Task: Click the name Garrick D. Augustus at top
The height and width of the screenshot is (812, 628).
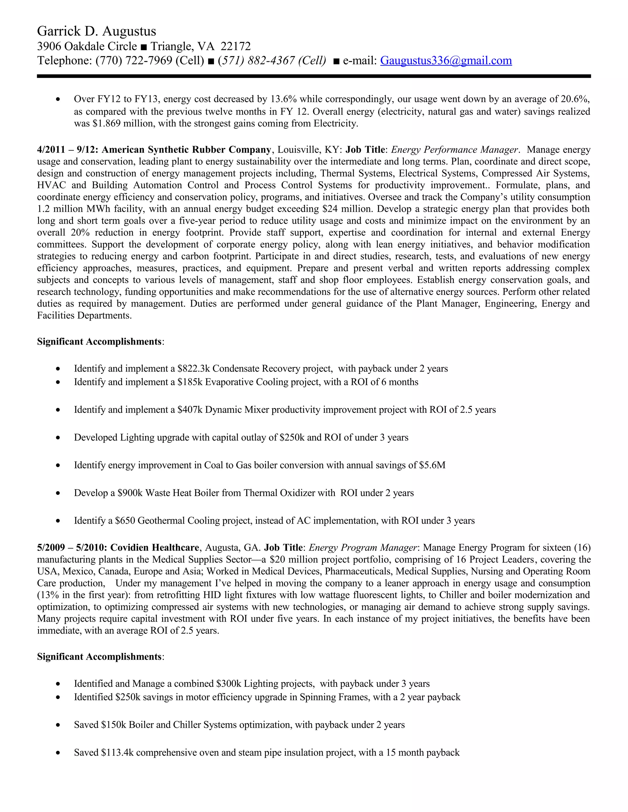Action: pyautogui.click(x=96, y=31)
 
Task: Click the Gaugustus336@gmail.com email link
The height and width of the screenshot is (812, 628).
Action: pyautogui.click(x=446, y=61)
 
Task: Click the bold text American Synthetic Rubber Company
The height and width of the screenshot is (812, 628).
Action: pyautogui.click(x=186, y=150)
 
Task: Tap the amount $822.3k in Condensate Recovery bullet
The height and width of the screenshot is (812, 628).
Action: pyautogui.click(x=193, y=368)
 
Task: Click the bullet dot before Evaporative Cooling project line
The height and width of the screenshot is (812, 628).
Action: pyautogui.click(x=58, y=382)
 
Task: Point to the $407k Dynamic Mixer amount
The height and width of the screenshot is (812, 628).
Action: pyautogui.click(x=190, y=410)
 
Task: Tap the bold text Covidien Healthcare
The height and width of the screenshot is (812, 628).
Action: pyautogui.click(x=155, y=548)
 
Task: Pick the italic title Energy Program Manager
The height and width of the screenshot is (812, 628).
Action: pyautogui.click(x=362, y=548)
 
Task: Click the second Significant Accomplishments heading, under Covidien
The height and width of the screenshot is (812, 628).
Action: pyautogui.click(x=99, y=657)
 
